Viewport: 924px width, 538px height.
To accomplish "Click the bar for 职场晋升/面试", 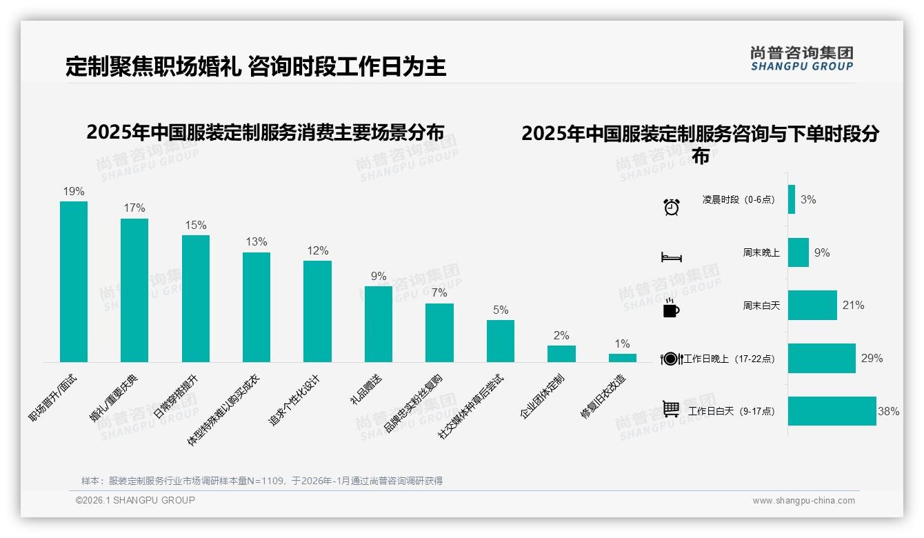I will pos(74,281).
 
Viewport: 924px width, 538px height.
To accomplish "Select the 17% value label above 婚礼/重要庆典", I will pos(134,208).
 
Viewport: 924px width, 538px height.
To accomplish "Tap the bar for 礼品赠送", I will pos(378,323).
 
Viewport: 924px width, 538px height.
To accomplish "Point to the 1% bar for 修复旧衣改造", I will pos(622,358).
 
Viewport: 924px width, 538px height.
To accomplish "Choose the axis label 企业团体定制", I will pos(542,397).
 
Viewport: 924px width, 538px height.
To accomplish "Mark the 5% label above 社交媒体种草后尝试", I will pos(501,310).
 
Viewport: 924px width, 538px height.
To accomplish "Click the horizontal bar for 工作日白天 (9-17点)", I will pos(832,411).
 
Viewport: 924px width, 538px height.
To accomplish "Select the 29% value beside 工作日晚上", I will pos(872,358).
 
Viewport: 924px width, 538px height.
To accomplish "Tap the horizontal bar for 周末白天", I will pos(812,305).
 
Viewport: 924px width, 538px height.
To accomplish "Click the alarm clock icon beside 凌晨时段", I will pos(671,206).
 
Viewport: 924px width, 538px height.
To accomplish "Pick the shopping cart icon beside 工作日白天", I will pos(671,409).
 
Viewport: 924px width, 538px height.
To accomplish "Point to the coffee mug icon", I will pos(671,308).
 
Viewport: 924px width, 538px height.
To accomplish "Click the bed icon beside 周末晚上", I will pos(671,257).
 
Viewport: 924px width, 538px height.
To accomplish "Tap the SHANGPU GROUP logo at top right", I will pos(801,59).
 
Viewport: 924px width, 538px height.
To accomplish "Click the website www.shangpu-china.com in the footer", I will pos(803,501).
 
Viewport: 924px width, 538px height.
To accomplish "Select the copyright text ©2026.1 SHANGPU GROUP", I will pos(135,500).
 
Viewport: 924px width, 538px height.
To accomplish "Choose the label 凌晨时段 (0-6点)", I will pos(738,199).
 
